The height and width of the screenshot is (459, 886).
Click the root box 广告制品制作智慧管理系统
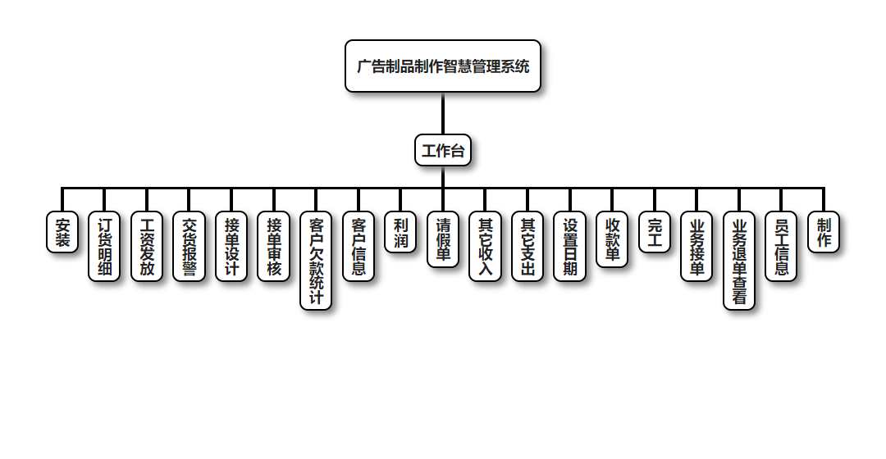click(x=443, y=66)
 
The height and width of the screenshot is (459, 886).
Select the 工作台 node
click(x=443, y=151)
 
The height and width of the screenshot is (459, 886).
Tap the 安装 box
click(x=62, y=233)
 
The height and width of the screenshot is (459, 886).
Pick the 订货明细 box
click(x=104, y=247)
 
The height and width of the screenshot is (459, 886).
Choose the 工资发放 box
click(x=147, y=247)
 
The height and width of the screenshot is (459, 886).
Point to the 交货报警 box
click(x=190, y=247)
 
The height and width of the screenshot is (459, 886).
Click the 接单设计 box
click(x=231, y=247)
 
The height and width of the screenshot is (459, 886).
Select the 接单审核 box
click(x=274, y=247)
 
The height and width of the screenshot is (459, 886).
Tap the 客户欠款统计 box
click(x=316, y=261)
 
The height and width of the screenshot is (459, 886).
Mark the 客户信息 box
click(x=359, y=247)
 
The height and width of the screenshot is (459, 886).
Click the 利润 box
click(x=400, y=233)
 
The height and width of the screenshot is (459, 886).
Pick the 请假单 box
click(x=443, y=239)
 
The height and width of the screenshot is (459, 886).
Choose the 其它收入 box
click(x=486, y=247)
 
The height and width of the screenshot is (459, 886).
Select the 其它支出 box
click(x=527, y=247)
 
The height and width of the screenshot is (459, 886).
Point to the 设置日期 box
click(x=570, y=247)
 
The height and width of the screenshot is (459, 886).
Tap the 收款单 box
click(x=612, y=239)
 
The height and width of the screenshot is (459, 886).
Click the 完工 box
click(x=655, y=233)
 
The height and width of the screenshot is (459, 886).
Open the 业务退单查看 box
click(x=739, y=261)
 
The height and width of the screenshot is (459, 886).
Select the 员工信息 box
click(x=781, y=247)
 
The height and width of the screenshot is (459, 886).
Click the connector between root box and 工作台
click(x=443, y=114)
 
